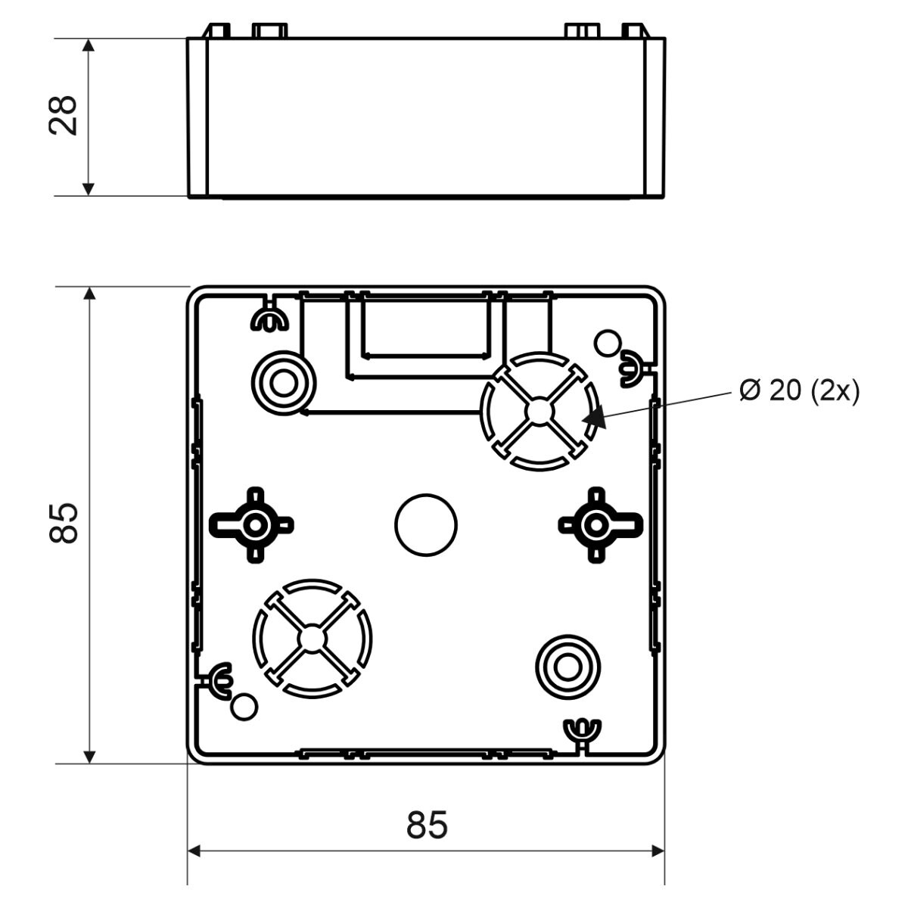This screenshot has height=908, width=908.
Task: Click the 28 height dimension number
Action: coord(64,116)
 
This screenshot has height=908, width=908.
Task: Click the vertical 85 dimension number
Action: coord(64,523)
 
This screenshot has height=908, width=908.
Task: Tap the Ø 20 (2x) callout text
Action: coord(800,390)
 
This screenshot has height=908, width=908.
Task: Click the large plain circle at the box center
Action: coord(426,525)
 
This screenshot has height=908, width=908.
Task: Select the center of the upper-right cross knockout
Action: coord(540,412)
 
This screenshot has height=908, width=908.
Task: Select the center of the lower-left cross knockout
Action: coord(313,639)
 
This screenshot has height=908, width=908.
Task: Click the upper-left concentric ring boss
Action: coord(284,383)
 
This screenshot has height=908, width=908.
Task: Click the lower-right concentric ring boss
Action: coord(568,667)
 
